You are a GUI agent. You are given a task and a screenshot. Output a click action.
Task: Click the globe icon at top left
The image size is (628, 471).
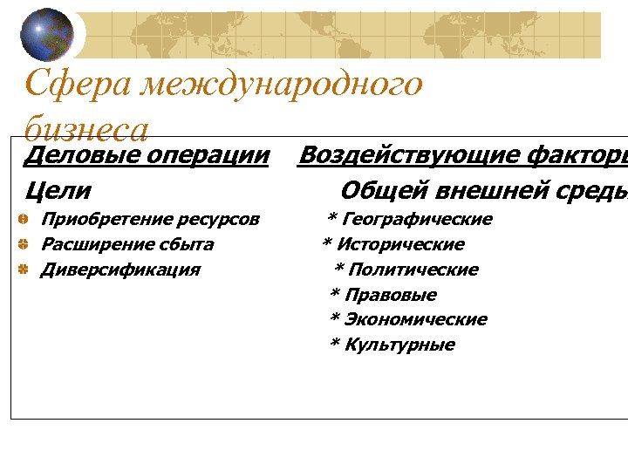point(47,33)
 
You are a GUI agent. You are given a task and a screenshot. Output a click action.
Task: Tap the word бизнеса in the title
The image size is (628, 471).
point(86,130)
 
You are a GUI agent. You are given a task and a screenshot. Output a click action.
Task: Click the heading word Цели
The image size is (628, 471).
point(58,189)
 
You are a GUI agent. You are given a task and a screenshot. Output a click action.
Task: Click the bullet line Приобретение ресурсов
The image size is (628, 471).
point(150,219)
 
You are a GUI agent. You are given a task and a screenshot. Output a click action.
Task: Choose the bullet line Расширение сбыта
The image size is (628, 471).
point(127,244)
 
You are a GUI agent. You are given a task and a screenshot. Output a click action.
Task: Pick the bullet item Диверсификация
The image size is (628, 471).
point(120,270)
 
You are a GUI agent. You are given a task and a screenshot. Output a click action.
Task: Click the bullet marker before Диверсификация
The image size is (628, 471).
point(25,270)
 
